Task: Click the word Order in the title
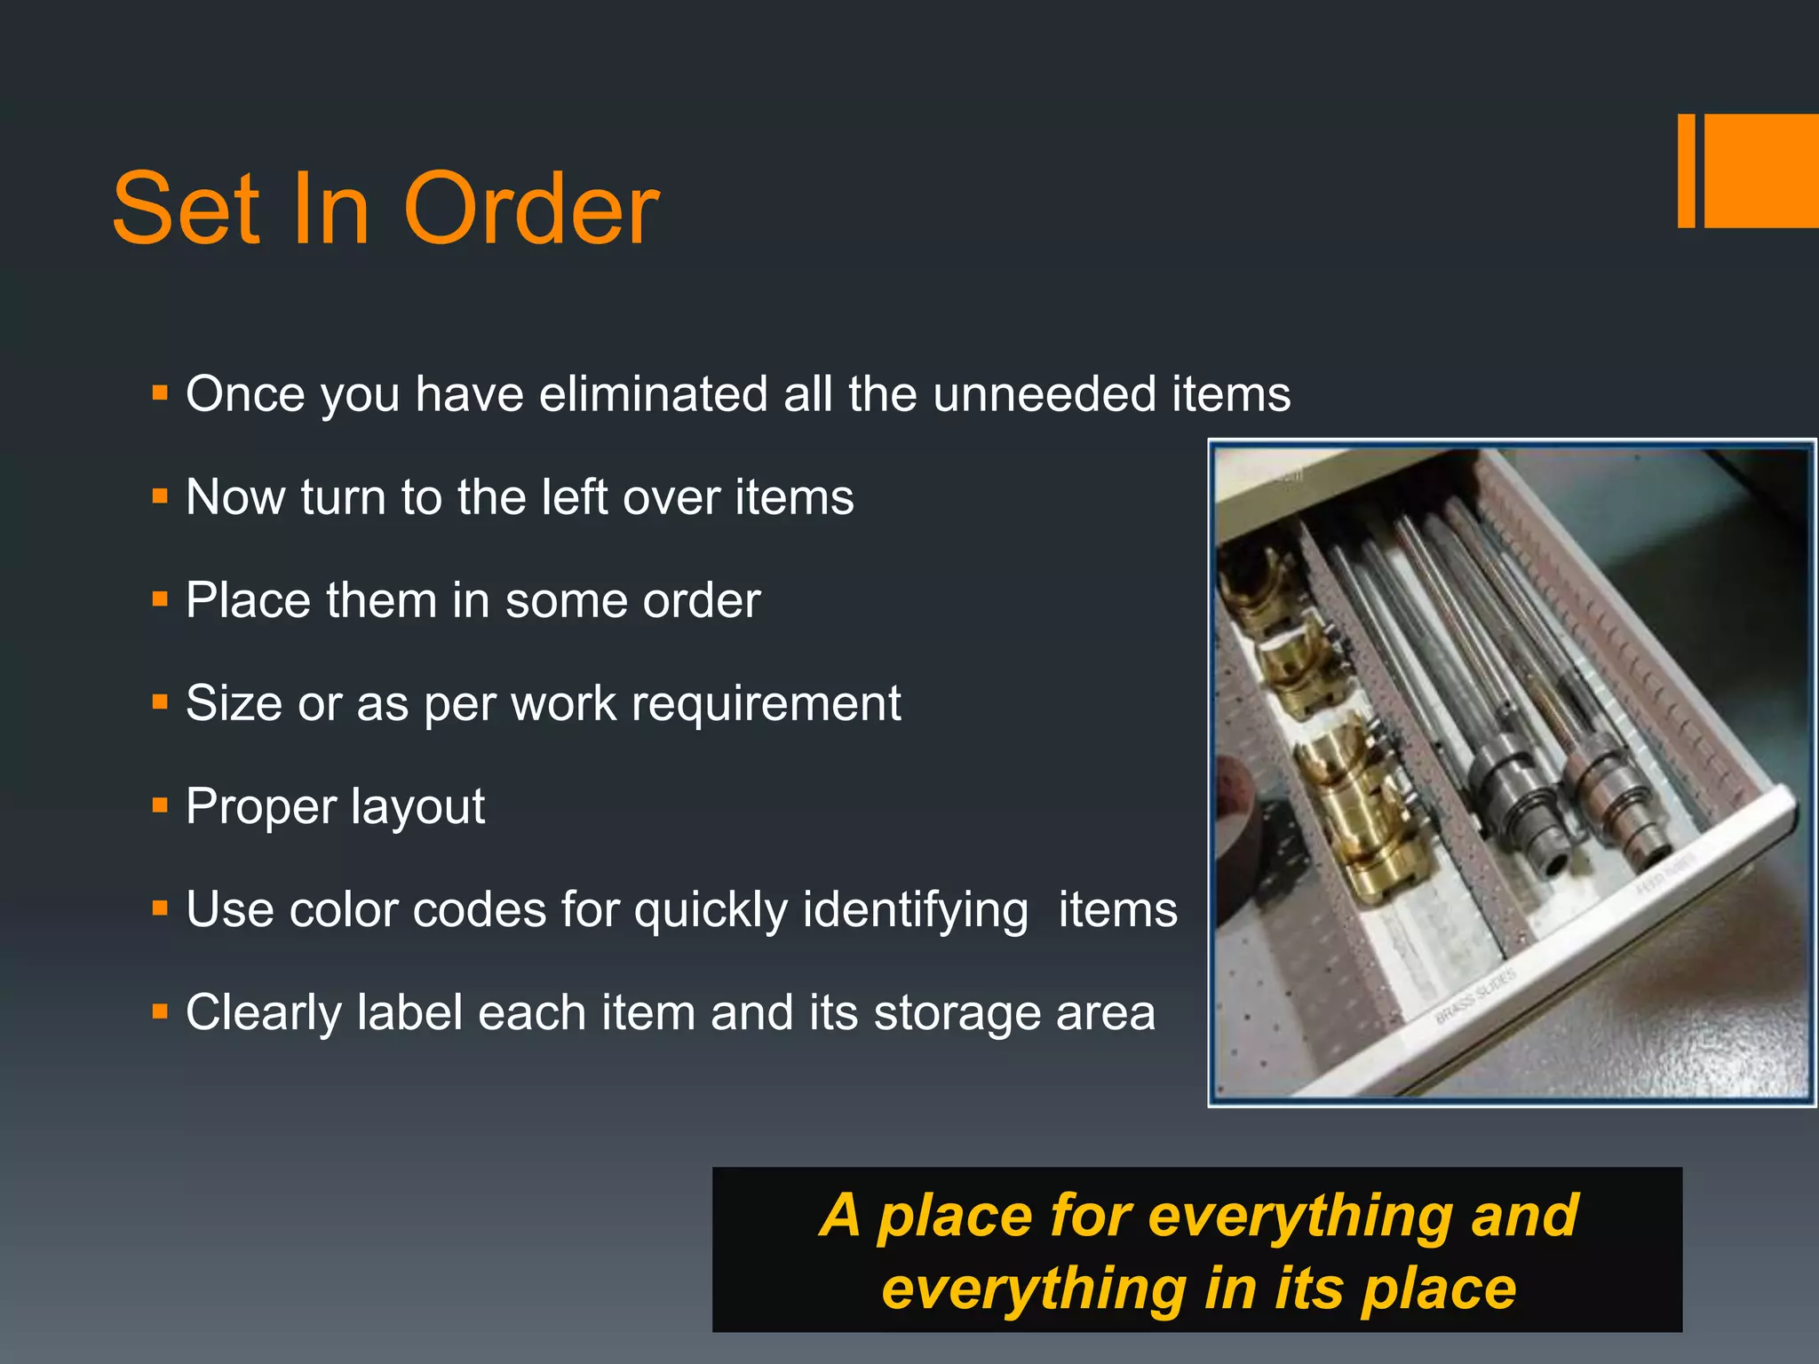[531, 210]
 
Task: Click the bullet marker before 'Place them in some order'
[160, 599]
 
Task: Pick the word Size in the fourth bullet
[234, 703]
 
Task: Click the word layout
[417, 806]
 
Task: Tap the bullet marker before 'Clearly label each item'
[160, 1011]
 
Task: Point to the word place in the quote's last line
[1439, 1289]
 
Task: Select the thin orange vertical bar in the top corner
[1686, 170]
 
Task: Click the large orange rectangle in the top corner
[1761, 170]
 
